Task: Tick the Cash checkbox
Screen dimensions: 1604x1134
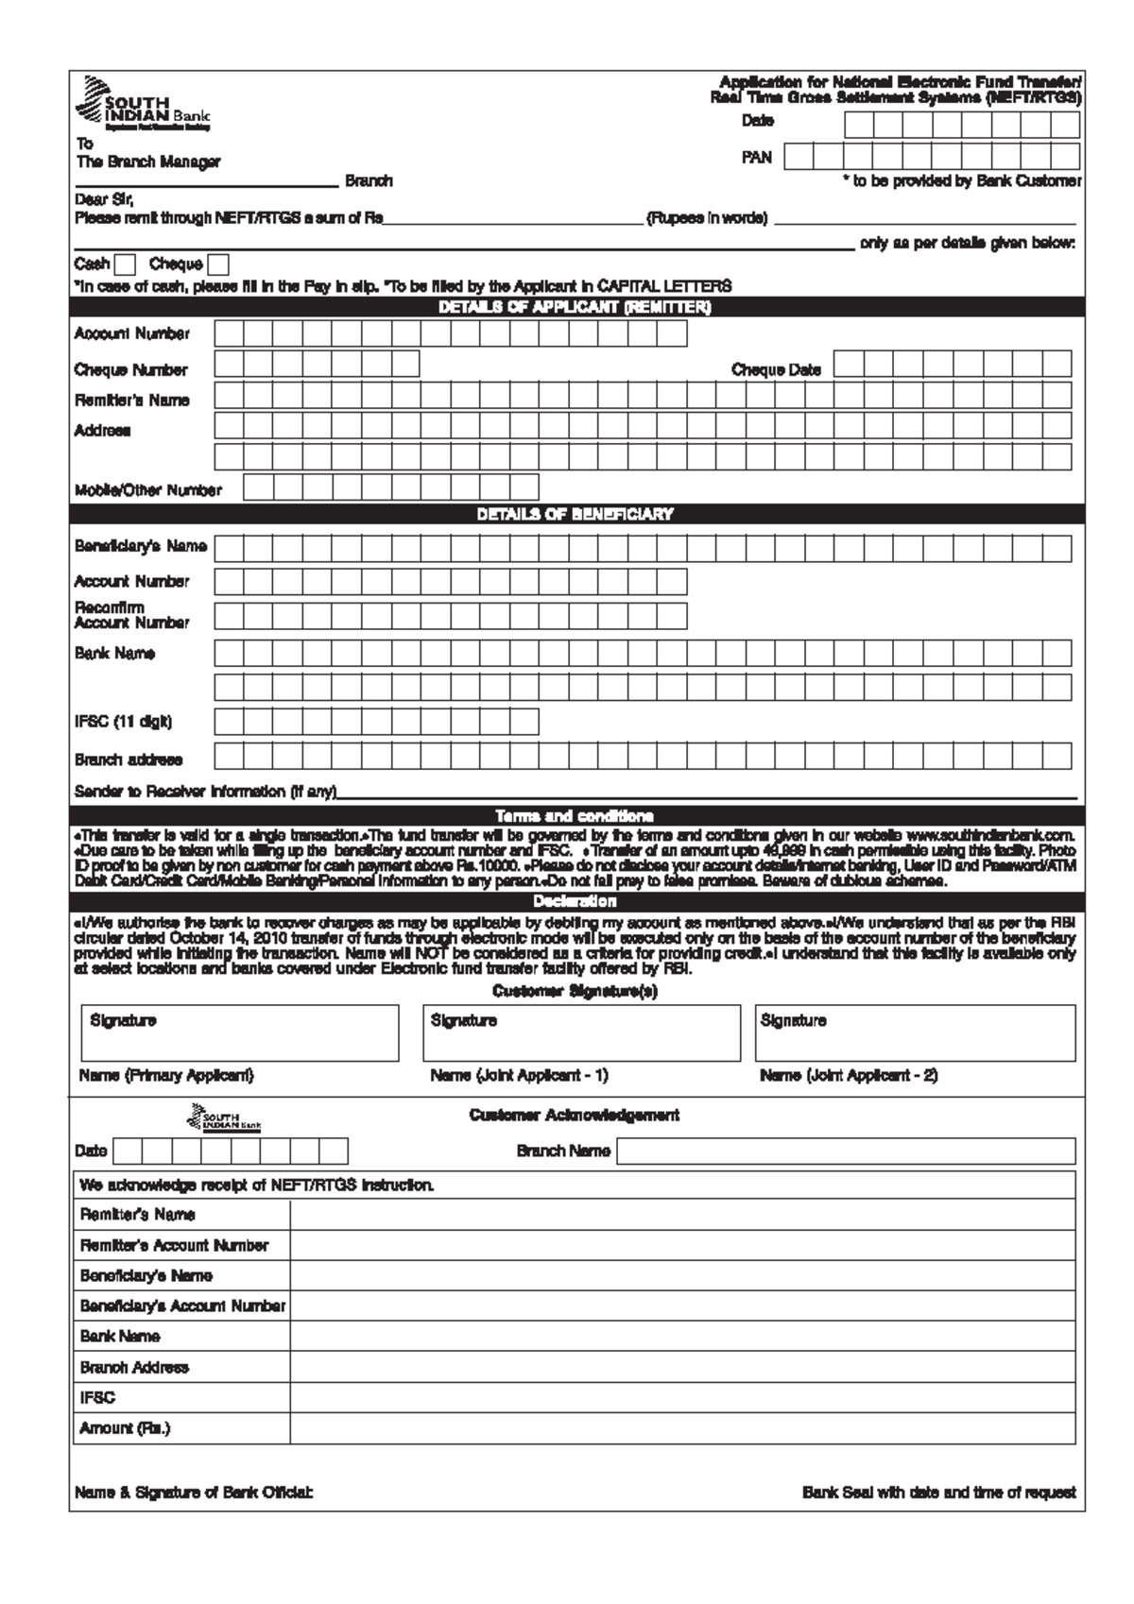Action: point(125,265)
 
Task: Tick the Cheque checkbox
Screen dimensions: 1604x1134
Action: point(218,265)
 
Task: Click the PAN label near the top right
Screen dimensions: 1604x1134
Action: point(756,158)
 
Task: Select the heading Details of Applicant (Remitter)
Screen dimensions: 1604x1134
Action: point(575,308)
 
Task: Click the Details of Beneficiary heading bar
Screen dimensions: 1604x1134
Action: point(575,515)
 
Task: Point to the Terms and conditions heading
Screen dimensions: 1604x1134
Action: point(575,816)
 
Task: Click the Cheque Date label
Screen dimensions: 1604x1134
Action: point(776,370)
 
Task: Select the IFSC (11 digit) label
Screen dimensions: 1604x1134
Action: point(123,723)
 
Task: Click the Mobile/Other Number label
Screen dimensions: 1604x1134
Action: point(148,490)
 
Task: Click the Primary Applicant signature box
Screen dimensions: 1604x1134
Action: point(240,1033)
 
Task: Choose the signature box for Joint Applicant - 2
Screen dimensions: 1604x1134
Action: point(915,1033)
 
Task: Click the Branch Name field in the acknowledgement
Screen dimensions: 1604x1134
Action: point(846,1152)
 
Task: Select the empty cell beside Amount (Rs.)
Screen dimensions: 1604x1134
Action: point(682,1429)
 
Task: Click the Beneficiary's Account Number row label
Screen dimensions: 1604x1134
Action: point(182,1306)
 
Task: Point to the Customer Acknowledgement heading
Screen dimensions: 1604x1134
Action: point(575,1116)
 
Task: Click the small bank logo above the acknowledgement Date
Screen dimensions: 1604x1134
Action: point(225,1121)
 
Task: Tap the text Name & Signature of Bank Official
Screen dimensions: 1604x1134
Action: point(194,1493)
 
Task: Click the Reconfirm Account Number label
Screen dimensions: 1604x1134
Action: point(131,615)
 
